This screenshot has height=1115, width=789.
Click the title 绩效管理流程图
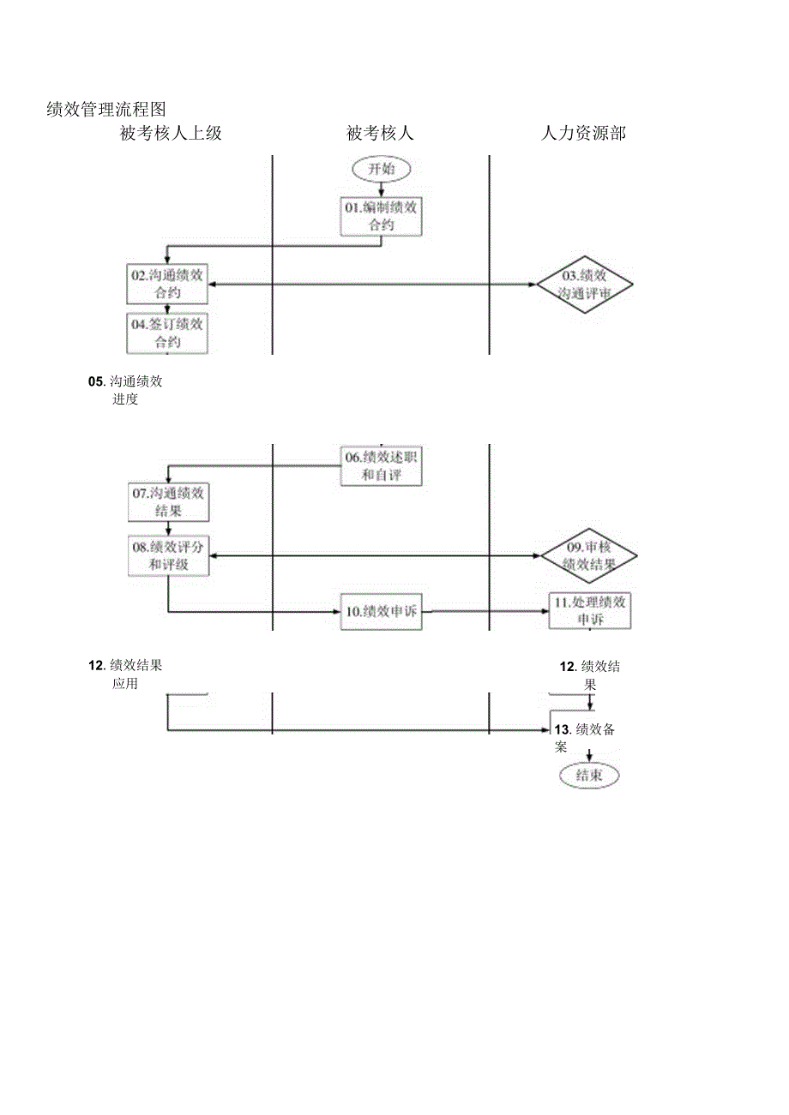tap(105, 109)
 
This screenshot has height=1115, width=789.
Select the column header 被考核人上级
tap(171, 133)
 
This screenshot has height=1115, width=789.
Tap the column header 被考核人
tap(380, 133)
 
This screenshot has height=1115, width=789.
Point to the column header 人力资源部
tap(583, 133)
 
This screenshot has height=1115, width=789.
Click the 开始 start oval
tap(382, 169)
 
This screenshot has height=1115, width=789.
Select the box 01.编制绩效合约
tap(381, 216)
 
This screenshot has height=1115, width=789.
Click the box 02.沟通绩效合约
tap(167, 285)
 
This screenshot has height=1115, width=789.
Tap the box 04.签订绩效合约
tap(167, 333)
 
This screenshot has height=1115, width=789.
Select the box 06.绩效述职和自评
tap(381, 466)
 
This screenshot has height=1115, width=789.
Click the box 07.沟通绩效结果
tap(167, 502)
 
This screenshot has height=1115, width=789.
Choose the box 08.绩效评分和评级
tap(167, 555)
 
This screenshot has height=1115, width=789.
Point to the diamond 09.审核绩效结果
tap(588, 555)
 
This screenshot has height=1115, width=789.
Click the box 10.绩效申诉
tap(381, 611)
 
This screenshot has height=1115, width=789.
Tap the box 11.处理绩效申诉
tap(589, 610)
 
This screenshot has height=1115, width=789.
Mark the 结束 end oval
tap(588, 776)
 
